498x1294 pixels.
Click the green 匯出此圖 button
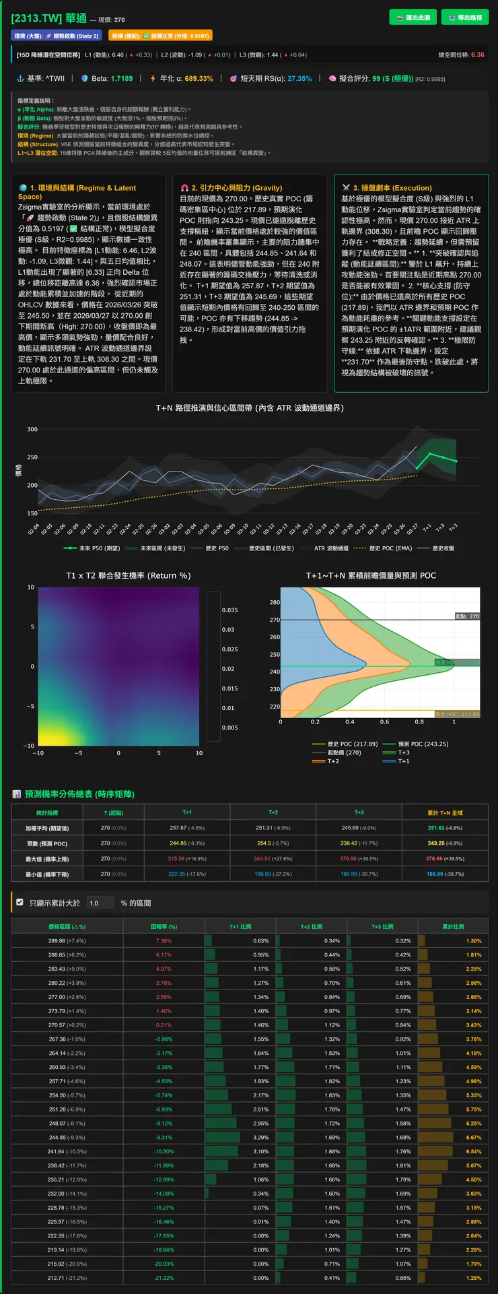413,18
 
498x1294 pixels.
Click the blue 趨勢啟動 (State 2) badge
57,36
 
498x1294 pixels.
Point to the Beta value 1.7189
122,79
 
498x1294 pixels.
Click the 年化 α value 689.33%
196,79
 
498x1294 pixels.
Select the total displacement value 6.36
477,55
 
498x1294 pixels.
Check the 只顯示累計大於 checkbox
20,902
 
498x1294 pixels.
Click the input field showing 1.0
101,903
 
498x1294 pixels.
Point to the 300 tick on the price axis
32,429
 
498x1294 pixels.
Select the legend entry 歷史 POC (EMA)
385,548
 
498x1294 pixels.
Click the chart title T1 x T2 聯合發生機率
128,575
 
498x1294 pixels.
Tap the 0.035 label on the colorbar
229,610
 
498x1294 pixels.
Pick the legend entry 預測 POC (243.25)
423,744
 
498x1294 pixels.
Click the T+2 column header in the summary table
273,812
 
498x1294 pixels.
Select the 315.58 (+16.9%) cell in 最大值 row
187,859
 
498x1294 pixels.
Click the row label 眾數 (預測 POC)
47,843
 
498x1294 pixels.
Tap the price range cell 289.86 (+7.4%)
67,940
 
